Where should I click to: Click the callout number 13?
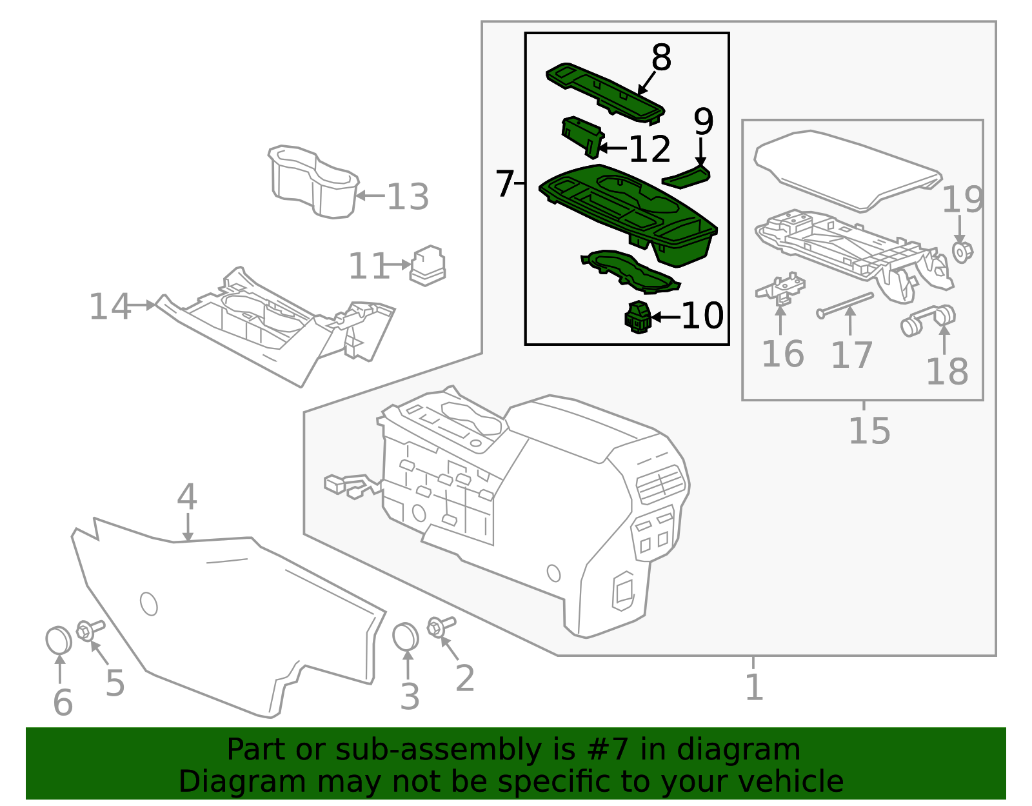[408, 197]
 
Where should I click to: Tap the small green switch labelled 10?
[637, 317]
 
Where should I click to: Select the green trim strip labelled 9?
[686, 176]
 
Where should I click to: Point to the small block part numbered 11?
[428, 265]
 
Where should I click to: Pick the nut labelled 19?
[962, 252]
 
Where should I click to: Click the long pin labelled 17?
[845, 305]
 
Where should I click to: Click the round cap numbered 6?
[59, 640]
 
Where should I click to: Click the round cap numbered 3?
[406, 637]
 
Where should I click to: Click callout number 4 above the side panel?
[187, 497]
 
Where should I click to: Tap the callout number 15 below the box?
[869, 431]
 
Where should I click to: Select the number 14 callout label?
[110, 307]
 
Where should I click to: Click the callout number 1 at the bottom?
[753, 687]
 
